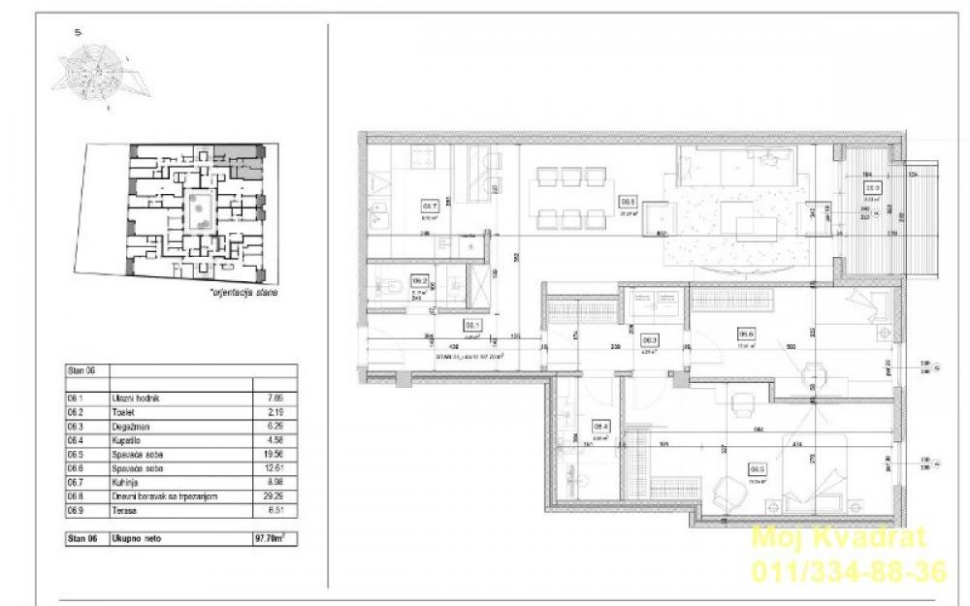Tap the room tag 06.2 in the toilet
420,278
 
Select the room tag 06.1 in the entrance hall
473,326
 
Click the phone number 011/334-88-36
848,572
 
